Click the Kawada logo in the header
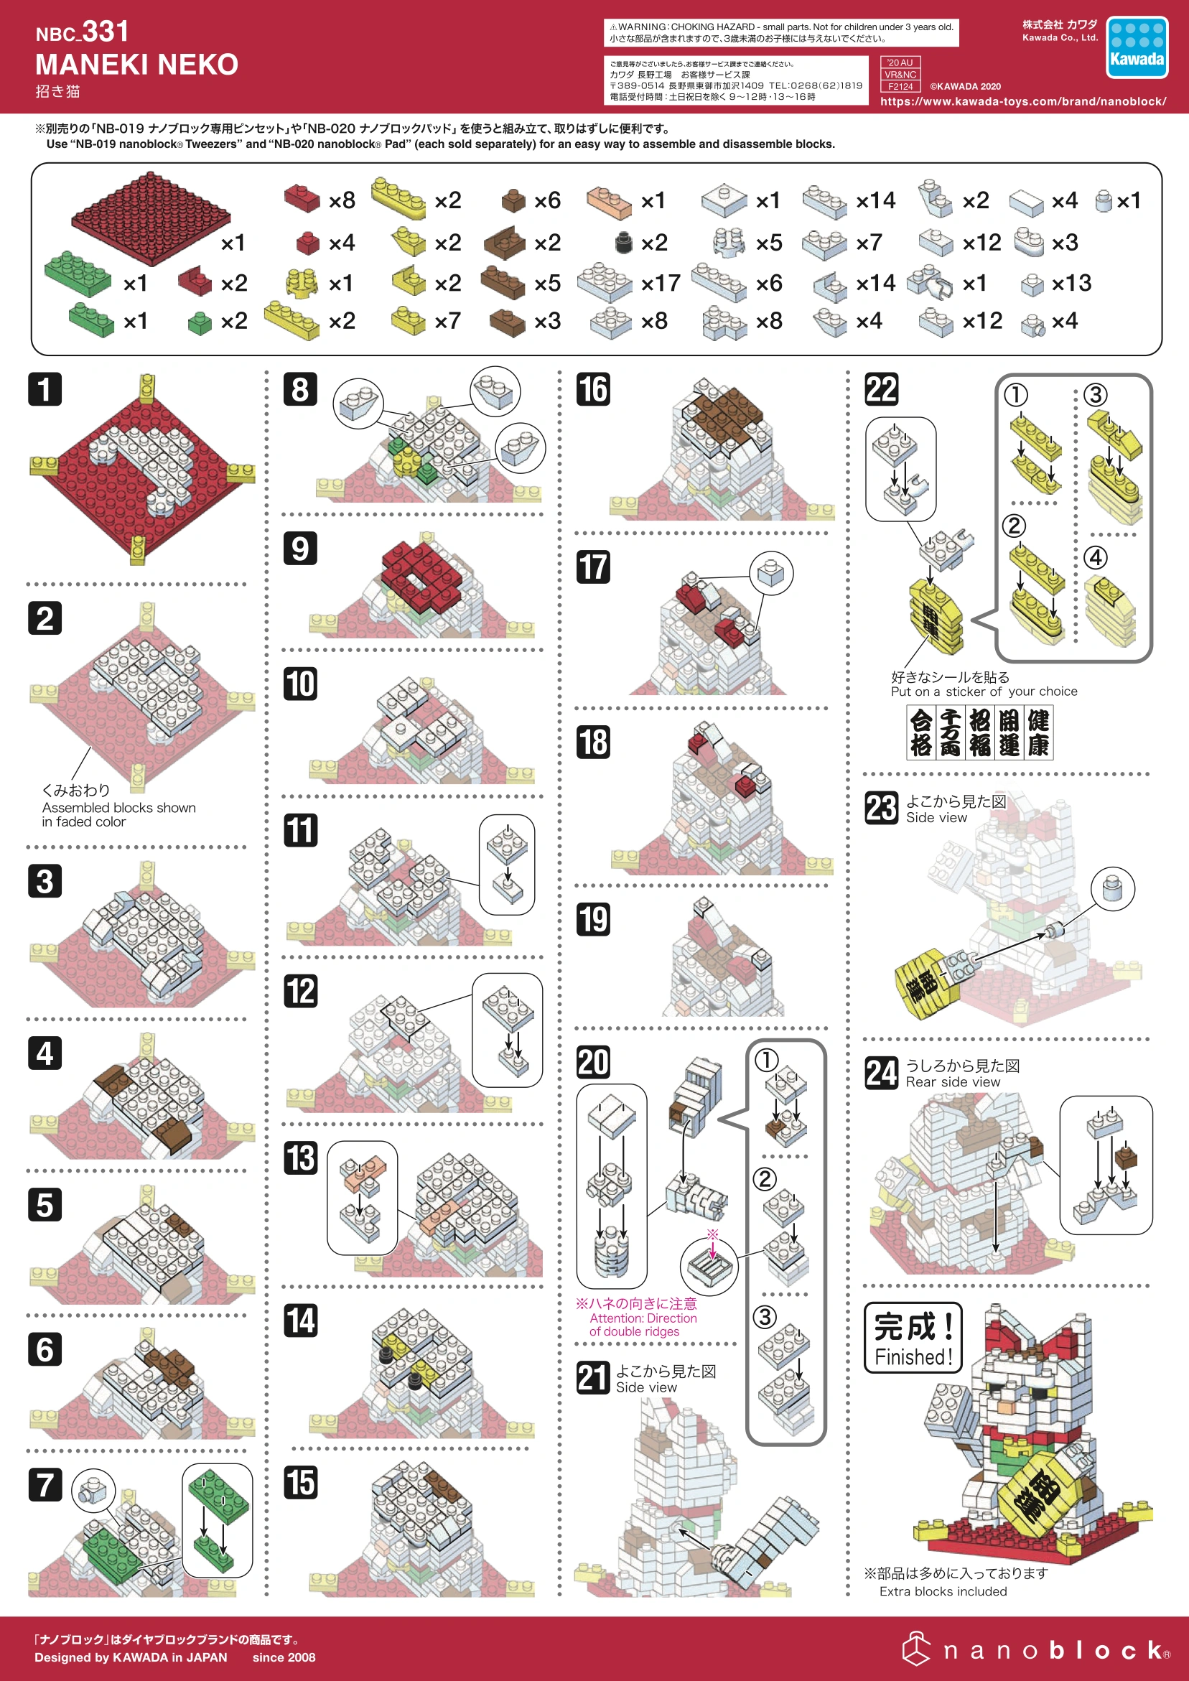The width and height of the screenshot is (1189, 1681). coord(1137,47)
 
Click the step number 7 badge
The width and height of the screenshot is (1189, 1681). coord(45,1484)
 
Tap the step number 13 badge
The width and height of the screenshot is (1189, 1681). coord(300,1158)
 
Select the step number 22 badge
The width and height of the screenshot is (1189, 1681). coord(882,389)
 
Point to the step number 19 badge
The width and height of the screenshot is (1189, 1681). coord(593,919)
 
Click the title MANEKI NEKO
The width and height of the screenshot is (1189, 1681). coord(137,65)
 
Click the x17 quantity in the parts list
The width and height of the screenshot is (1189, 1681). coord(661,283)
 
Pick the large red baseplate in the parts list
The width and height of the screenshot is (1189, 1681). coord(150,218)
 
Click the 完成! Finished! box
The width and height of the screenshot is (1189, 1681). coord(913,1337)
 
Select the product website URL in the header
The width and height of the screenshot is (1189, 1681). coord(1023,101)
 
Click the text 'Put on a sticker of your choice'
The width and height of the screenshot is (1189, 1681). coord(983,692)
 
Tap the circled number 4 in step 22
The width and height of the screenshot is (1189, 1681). coord(1095,558)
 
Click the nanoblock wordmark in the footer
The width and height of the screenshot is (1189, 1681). coord(1036,1649)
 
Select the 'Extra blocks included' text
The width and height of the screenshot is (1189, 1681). coord(943,1591)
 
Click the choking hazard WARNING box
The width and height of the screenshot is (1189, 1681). coord(780,32)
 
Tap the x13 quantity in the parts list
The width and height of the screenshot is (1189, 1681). coord(1071,283)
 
